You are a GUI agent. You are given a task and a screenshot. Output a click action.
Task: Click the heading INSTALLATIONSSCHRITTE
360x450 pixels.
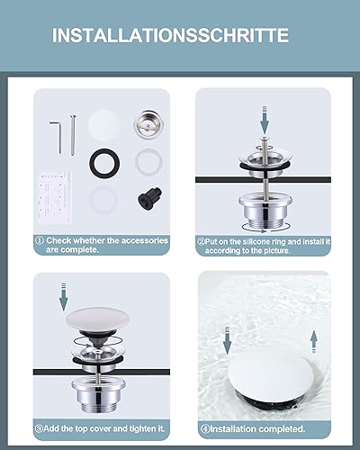[x=170, y=35]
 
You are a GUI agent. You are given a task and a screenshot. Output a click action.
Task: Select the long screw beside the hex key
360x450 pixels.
[x=72, y=136]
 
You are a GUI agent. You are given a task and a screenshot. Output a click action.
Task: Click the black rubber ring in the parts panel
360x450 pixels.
[x=104, y=163]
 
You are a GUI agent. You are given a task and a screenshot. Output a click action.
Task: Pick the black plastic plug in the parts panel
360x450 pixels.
[x=150, y=196]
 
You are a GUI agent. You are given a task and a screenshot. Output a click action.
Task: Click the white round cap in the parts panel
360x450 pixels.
[x=103, y=125]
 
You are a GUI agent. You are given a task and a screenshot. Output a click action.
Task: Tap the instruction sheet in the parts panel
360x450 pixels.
[x=55, y=197]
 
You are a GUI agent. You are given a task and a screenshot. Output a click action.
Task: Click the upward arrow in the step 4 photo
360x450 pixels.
[x=314, y=341]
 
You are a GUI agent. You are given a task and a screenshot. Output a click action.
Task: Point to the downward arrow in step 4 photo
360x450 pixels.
[x=227, y=340]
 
